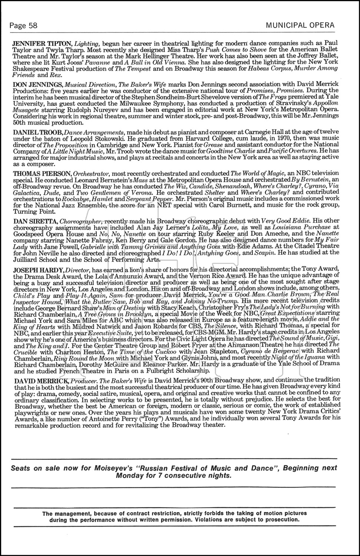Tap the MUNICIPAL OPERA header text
coord(300,25)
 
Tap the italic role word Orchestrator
coord(91,173)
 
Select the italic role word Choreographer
coord(80,221)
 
